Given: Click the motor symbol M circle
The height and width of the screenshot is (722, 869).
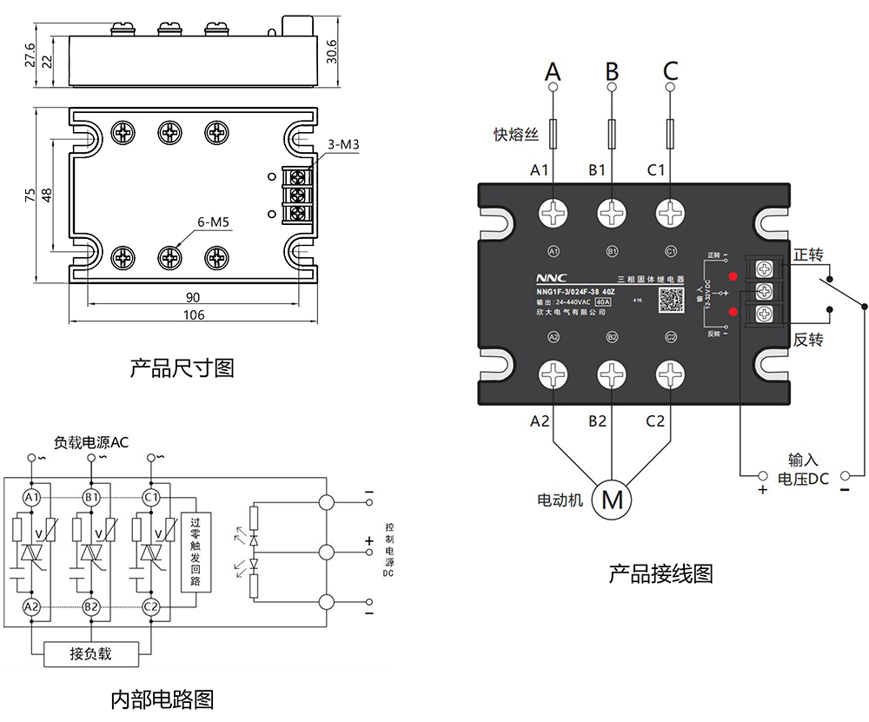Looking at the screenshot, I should (x=613, y=500).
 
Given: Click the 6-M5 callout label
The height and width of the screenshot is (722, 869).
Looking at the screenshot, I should (x=212, y=222).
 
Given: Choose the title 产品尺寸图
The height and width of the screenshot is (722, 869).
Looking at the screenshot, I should (x=182, y=368).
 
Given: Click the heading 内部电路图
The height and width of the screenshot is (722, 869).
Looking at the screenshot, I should (x=163, y=699).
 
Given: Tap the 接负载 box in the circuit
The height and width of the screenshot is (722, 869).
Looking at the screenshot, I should (x=91, y=653).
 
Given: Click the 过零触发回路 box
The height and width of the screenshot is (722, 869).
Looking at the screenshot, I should (x=195, y=550).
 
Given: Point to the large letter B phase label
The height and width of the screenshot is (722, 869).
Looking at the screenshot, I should (x=612, y=70).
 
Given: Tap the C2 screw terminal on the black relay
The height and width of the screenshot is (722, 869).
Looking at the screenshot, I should (x=669, y=375).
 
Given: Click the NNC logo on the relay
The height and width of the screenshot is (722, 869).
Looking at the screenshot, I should (x=552, y=278).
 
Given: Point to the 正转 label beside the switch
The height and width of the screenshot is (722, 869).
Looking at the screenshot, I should (x=808, y=255).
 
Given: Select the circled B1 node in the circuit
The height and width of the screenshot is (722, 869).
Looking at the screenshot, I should (x=91, y=497).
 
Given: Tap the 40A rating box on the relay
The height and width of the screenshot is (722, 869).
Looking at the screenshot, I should (x=602, y=301).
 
